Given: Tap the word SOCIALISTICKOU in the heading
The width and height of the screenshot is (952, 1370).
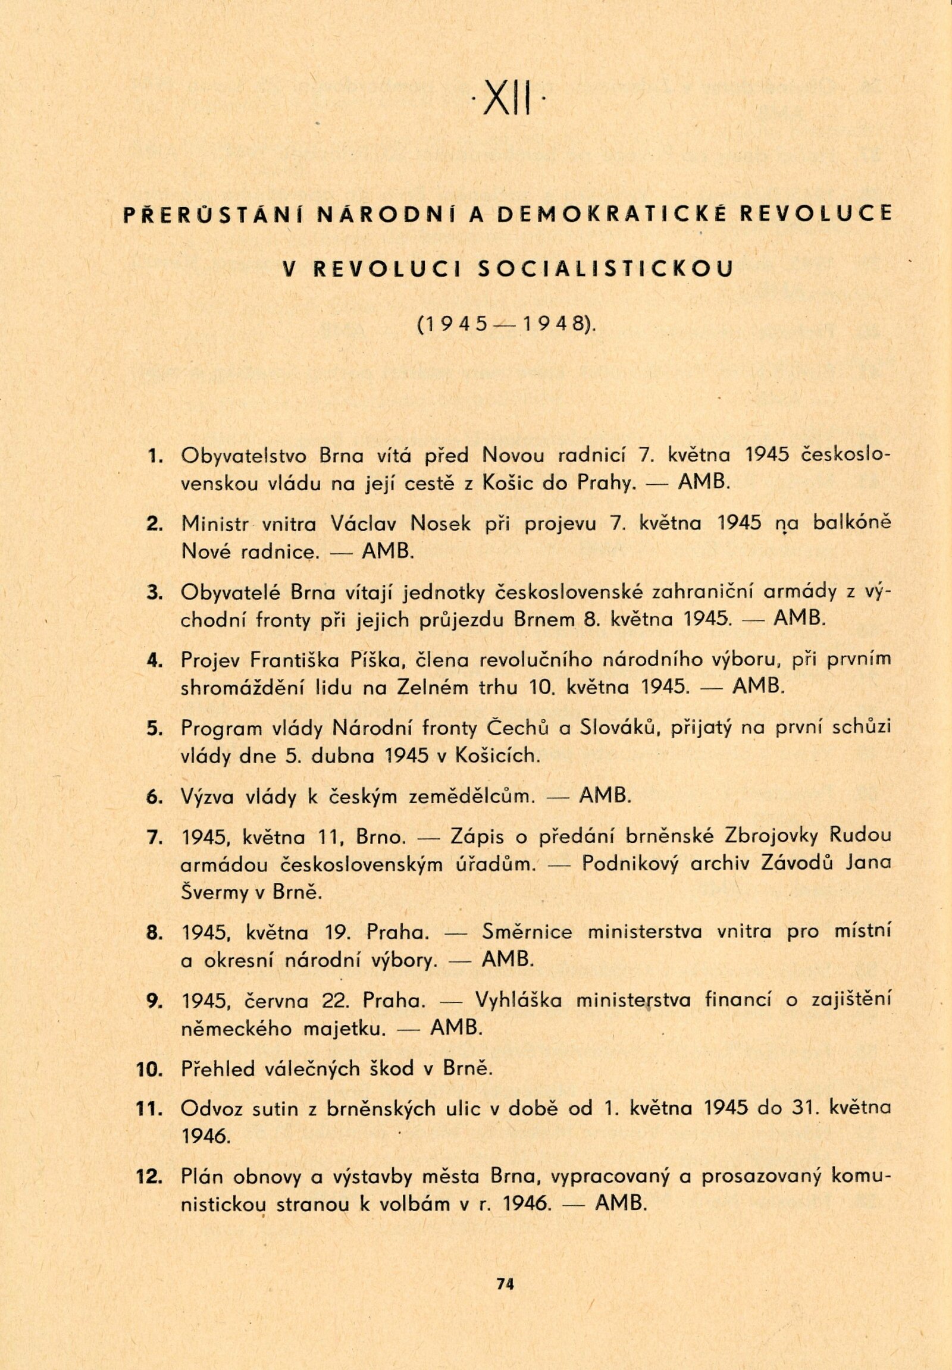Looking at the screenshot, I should (x=605, y=269).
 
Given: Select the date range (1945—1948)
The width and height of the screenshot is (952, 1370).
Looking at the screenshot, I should (x=507, y=325).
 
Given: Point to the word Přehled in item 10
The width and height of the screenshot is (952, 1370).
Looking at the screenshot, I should (x=219, y=1069).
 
